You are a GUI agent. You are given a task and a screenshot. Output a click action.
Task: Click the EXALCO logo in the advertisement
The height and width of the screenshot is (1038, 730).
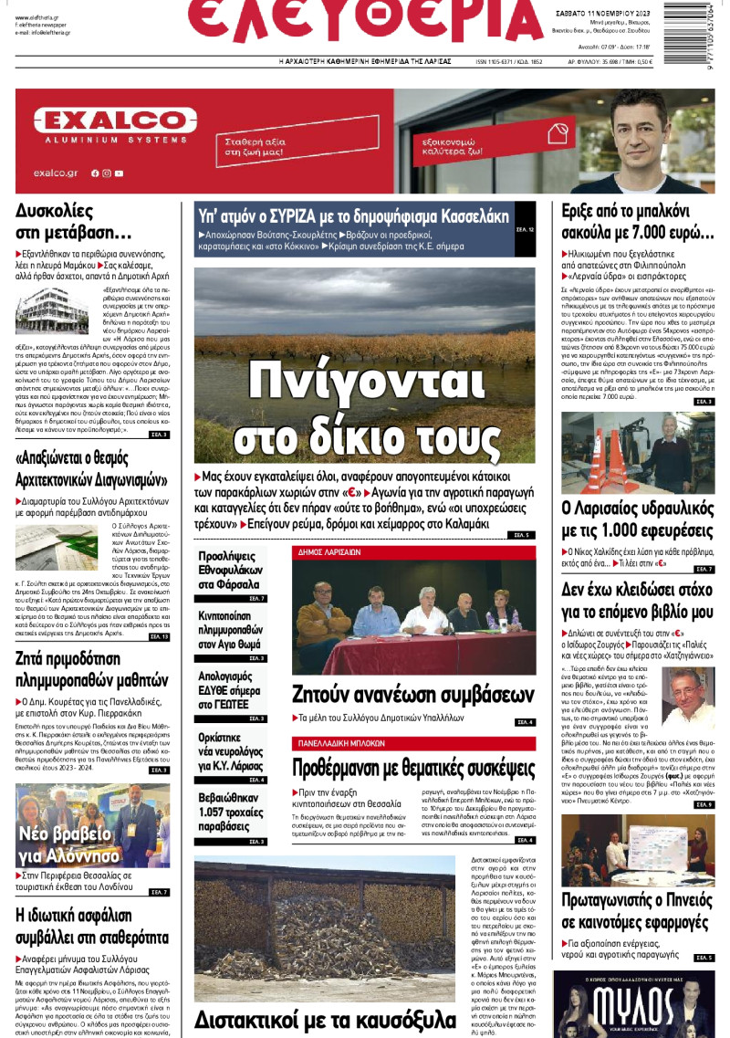point(115,124)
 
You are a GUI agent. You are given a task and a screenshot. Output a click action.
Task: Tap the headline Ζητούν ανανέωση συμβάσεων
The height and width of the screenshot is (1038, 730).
point(412,691)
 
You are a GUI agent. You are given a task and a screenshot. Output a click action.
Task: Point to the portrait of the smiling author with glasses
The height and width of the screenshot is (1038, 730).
point(687,697)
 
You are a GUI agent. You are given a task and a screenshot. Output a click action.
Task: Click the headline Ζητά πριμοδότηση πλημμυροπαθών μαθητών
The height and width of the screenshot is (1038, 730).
point(92,668)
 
